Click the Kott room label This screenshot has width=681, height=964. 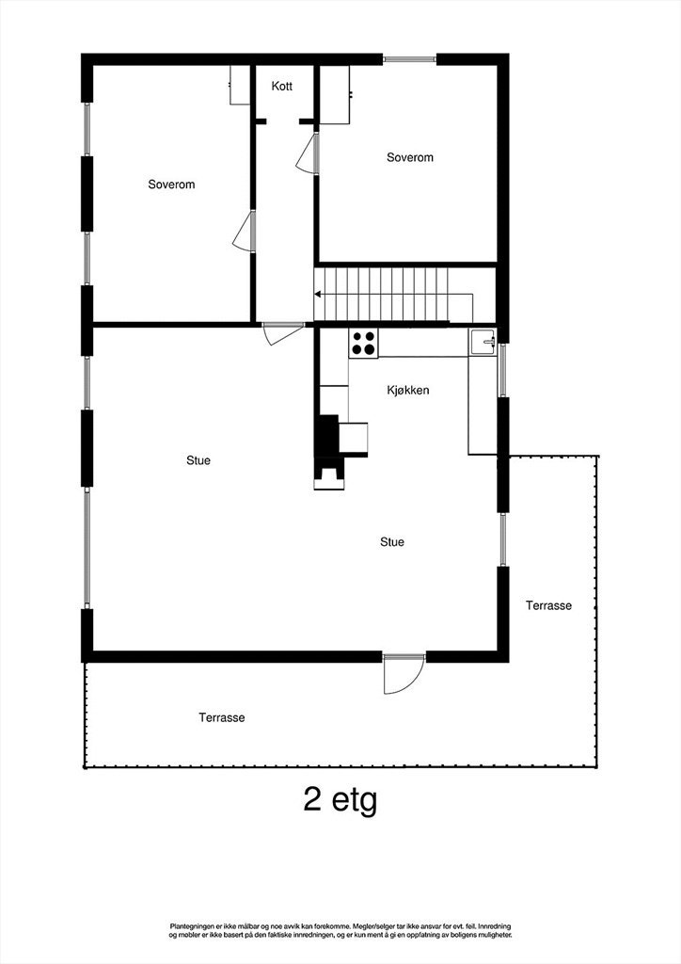click(x=282, y=87)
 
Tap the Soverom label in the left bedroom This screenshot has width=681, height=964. click(x=171, y=185)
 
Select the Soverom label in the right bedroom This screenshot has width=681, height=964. click(x=410, y=158)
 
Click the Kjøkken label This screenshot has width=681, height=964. click(x=408, y=390)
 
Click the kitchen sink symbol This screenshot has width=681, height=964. click(x=483, y=342)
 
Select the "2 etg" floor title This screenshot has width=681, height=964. click(x=340, y=800)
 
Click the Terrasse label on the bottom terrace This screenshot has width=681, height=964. click(x=222, y=717)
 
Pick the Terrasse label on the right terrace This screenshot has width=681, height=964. click(x=548, y=606)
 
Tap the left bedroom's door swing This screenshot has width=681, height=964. click(x=245, y=232)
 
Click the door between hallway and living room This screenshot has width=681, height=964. click(x=282, y=333)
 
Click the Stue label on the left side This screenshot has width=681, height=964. click(x=198, y=461)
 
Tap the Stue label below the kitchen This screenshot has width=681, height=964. click(x=392, y=542)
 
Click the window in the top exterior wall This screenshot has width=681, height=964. click(x=410, y=59)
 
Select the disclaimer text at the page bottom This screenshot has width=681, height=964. click(x=340, y=930)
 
